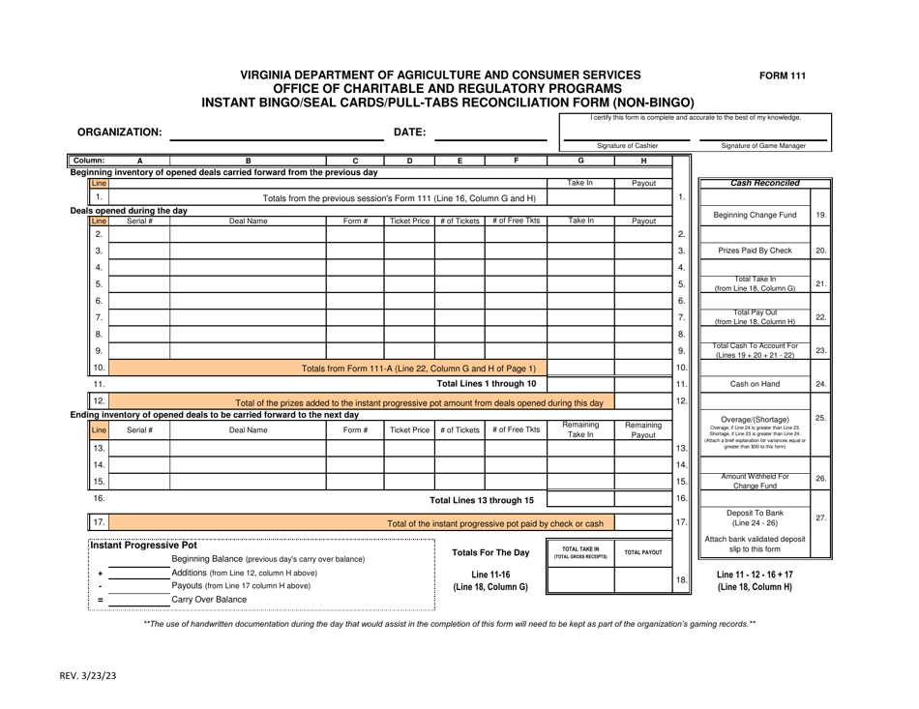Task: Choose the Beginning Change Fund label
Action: [x=753, y=213]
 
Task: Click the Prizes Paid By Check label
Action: [x=753, y=251]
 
